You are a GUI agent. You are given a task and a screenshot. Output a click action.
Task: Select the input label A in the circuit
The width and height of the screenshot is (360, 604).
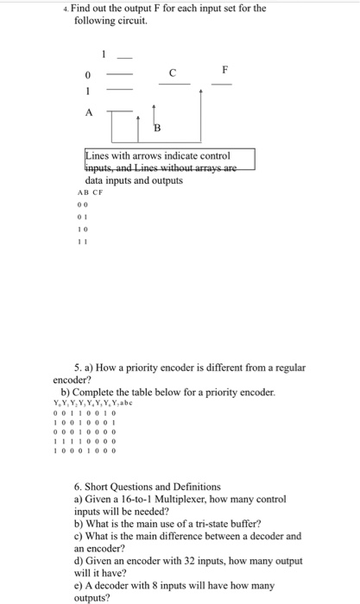[x=87, y=112]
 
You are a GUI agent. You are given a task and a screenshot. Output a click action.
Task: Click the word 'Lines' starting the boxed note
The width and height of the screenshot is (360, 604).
[x=99, y=156]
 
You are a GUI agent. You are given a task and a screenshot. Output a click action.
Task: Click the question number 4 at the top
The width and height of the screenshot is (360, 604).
[x=77, y=9]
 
